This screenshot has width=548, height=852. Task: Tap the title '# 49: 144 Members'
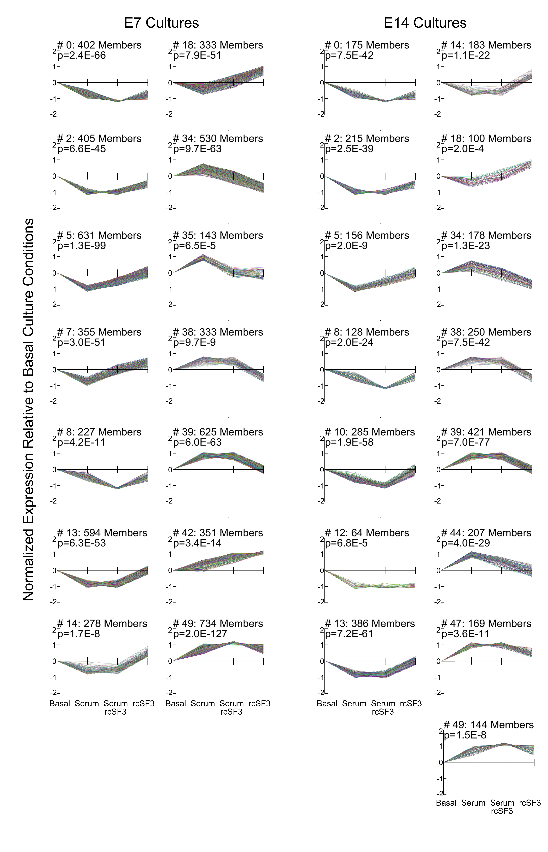coord(489,725)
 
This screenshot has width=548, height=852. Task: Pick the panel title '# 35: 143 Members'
coord(218,236)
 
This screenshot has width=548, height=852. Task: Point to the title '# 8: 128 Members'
coord(367,332)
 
